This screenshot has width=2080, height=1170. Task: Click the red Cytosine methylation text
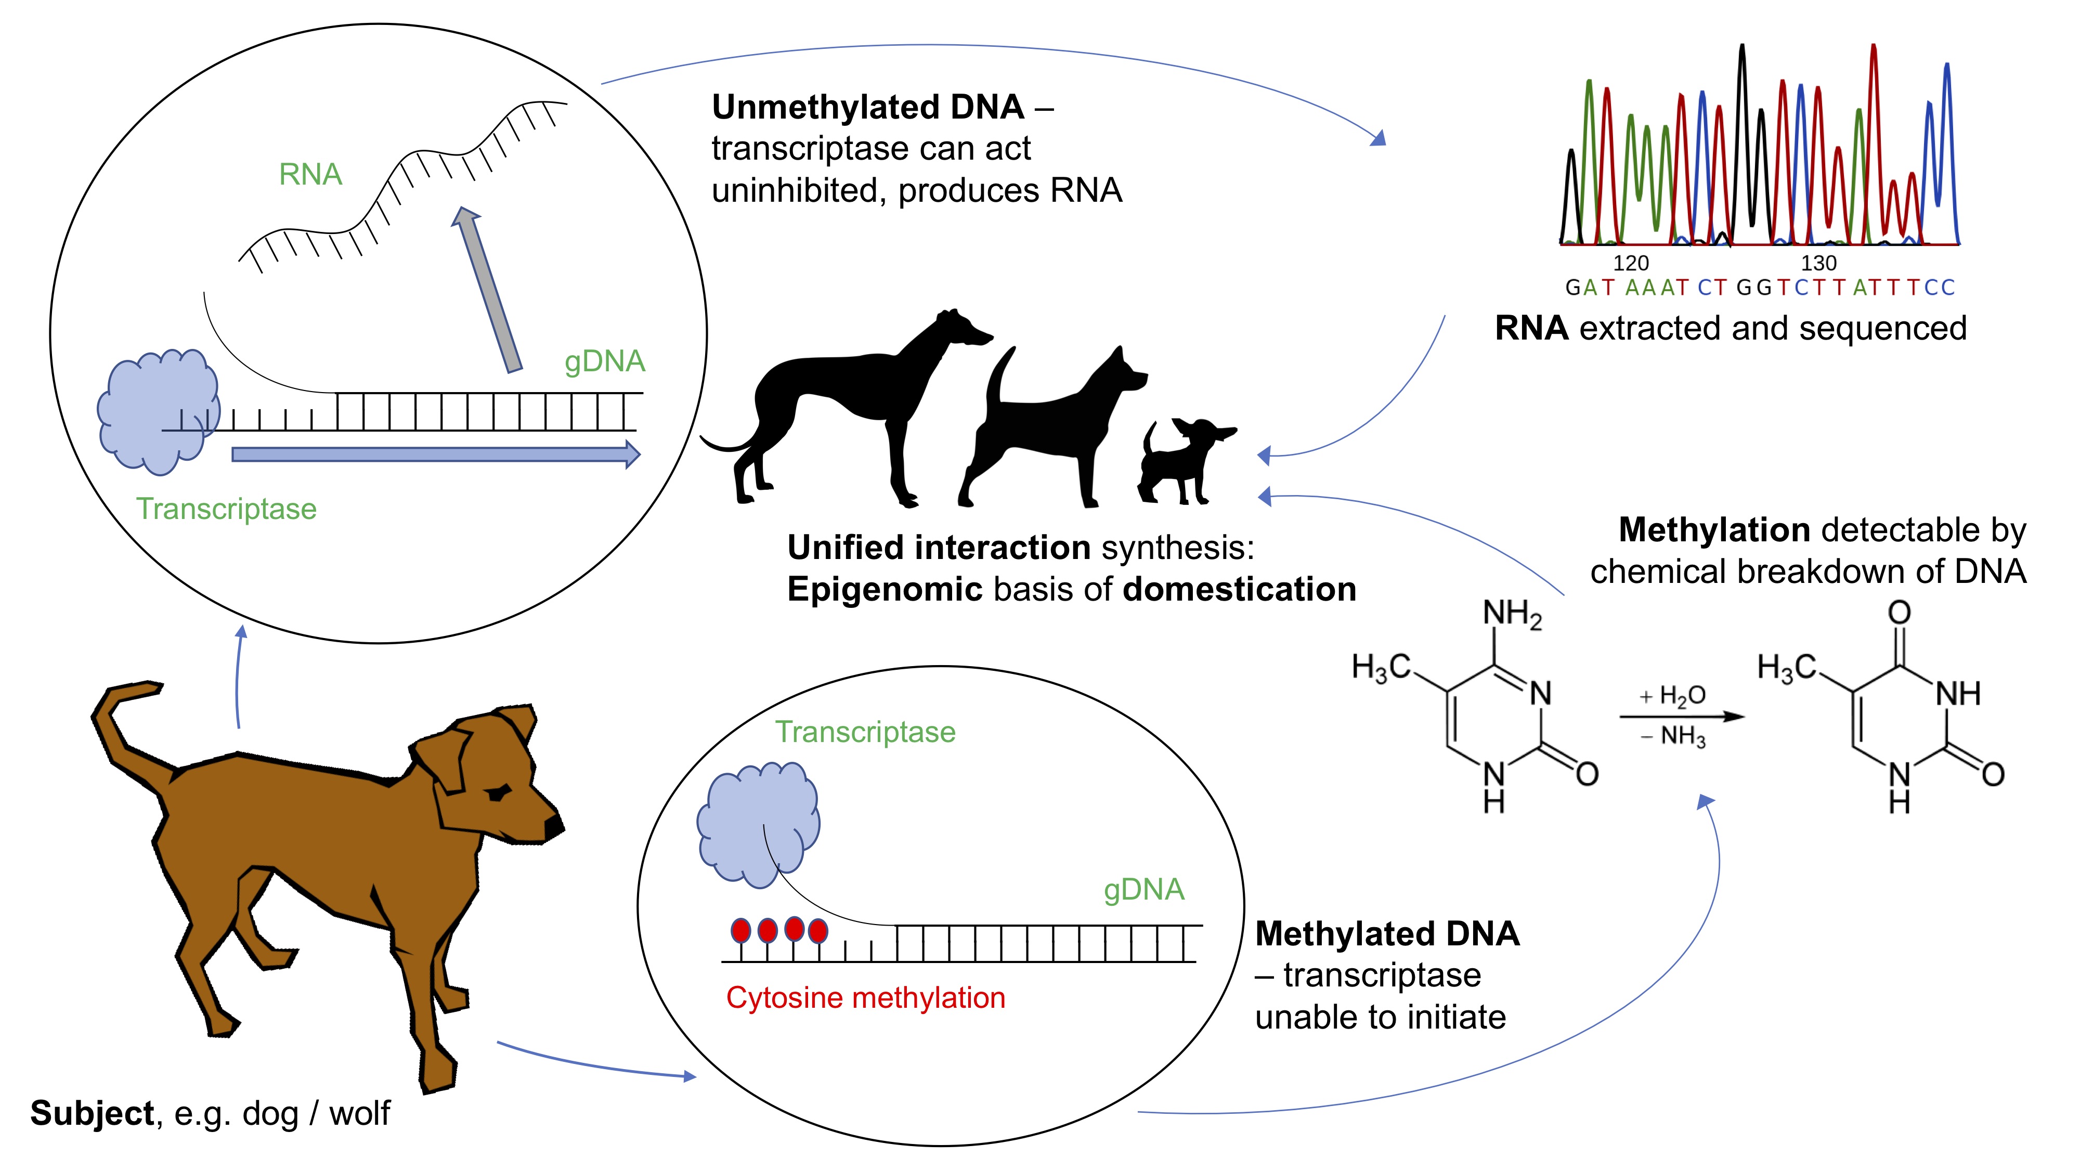pos(866,998)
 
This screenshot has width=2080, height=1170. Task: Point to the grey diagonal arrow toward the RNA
pos(488,291)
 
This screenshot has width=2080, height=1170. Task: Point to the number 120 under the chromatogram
pos(1630,263)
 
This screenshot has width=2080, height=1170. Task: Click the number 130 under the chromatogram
pos(1818,263)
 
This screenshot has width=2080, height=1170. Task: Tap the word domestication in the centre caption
pos(1240,590)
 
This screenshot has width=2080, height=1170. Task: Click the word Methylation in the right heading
pos(1713,530)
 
